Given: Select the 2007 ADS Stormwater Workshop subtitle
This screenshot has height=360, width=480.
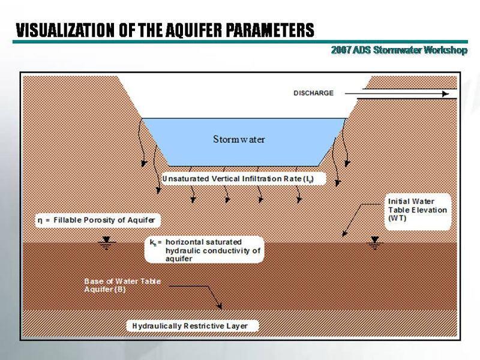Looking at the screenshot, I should click(398, 50).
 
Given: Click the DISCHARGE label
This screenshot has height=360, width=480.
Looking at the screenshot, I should click(313, 93).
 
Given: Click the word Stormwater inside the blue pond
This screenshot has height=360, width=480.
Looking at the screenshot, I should click(239, 139).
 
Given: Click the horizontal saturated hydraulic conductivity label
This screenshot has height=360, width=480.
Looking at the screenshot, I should click(204, 250).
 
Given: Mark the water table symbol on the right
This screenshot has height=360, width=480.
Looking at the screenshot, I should click(375, 242).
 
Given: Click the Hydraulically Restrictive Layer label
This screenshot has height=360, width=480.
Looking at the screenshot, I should click(194, 326).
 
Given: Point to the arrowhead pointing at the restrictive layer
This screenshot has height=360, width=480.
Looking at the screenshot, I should click(220, 307).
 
